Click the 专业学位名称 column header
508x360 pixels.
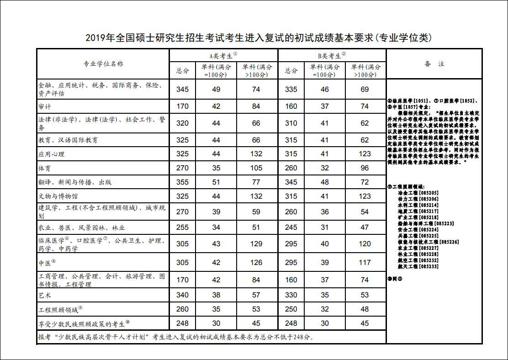(103, 64)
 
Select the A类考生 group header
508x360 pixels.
(223, 56)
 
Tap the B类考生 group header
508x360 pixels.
(332, 56)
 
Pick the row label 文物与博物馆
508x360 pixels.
(58, 196)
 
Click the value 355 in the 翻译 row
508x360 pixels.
(182, 182)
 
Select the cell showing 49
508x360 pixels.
(216, 90)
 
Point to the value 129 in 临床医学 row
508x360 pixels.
(256, 244)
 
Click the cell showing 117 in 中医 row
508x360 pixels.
(365, 263)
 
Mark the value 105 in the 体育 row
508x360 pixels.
(256, 168)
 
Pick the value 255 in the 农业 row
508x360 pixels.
(182, 228)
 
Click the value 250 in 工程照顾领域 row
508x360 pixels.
(291, 309)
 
